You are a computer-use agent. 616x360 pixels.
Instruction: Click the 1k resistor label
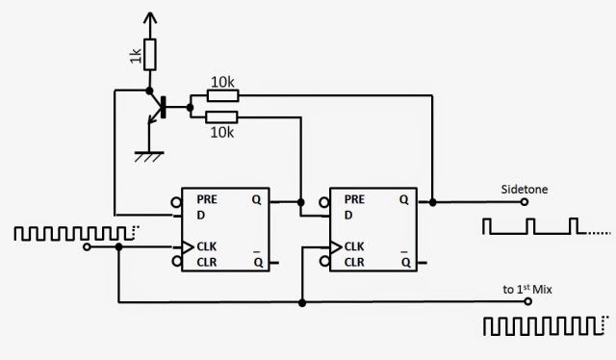coord(137,57)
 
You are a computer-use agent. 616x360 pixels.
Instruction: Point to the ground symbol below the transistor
coord(147,155)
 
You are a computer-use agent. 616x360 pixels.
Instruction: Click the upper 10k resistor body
coord(222,96)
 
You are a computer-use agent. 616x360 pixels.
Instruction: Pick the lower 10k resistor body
coord(222,116)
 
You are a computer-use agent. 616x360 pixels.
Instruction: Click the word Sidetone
coord(525,190)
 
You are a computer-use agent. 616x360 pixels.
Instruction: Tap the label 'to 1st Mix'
coord(526,290)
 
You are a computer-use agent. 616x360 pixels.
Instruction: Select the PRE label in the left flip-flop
coord(208,199)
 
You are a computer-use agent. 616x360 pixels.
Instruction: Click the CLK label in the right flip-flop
coord(355,246)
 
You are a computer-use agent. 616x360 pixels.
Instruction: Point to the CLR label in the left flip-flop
coord(207,262)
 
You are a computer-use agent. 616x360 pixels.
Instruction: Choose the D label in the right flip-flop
coord(348,215)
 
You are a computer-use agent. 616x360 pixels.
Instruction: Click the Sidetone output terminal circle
coord(524,203)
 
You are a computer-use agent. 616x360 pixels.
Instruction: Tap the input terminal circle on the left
coord(89,247)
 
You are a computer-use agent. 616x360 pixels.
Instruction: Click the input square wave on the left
coord(73,233)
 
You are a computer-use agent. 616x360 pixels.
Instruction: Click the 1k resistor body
coord(149,55)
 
